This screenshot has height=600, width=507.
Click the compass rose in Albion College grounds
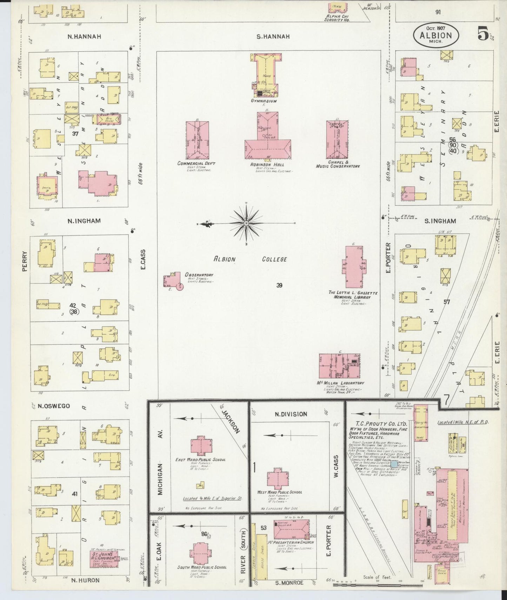246,224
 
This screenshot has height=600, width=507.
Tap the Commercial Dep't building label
196,164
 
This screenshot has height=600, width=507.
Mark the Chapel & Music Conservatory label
338,164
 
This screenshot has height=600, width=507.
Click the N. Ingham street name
84,221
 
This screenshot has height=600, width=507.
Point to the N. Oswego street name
54,406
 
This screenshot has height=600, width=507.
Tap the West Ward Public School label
280,492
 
